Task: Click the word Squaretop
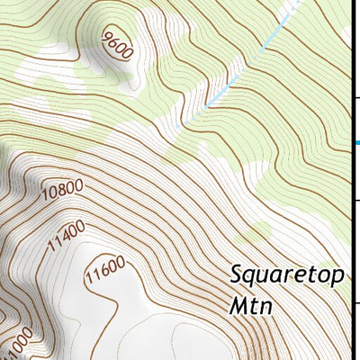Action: (x=287, y=275)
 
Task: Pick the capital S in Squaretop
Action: (x=236, y=274)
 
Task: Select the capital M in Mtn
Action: (x=238, y=305)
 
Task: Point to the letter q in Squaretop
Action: (x=250, y=277)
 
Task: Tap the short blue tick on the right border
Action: (x=355, y=142)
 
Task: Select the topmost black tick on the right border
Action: (x=355, y=97)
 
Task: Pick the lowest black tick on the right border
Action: (x=355, y=302)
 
